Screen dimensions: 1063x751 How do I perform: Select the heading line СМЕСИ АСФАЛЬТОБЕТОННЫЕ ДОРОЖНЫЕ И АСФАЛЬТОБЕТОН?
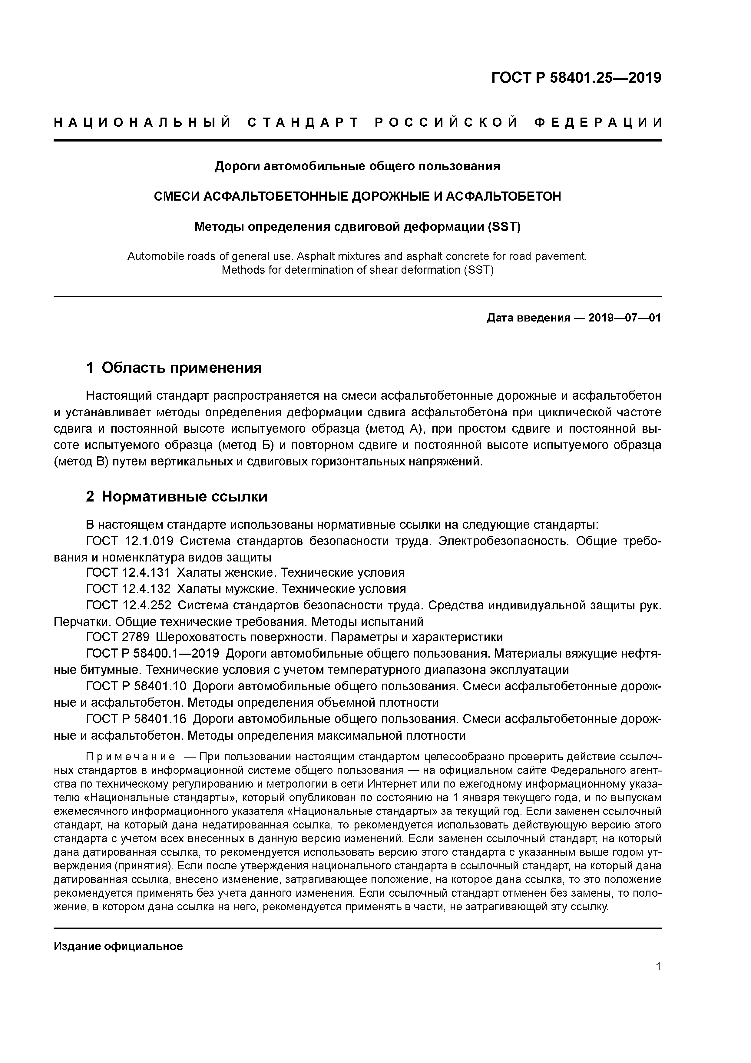(357, 197)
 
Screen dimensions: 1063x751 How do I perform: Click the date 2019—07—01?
(625, 318)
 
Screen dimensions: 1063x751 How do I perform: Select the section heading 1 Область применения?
(174, 368)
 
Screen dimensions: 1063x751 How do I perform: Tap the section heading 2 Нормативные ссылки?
(177, 497)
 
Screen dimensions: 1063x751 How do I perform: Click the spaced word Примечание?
(131, 757)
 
